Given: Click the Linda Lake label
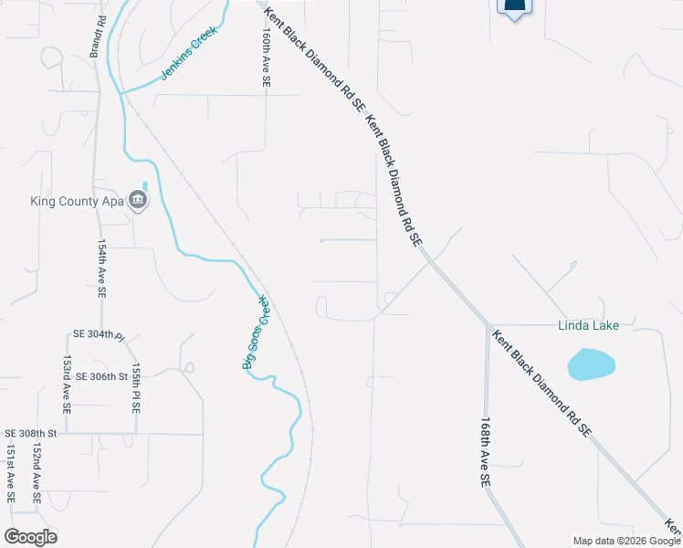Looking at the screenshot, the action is pyautogui.click(x=590, y=326).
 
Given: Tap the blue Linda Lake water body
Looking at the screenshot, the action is pyautogui.click(x=591, y=364).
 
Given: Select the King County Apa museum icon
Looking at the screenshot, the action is pyautogui.click(x=138, y=200).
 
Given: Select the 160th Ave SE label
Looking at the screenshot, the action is pyautogui.click(x=266, y=57).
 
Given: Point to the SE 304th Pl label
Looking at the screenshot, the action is pyautogui.click(x=99, y=335).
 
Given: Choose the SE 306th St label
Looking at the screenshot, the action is pyautogui.click(x=103, y=376).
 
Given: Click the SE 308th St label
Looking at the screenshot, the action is pyautogui.click(x=31, y=433).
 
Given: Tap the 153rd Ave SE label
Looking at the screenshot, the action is pyautogui.click(x=67, y=385).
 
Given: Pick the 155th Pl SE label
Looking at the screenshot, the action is pyautogui.click(x=135, y=388).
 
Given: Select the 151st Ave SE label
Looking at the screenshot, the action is pyautogui.click(x=12, y=475).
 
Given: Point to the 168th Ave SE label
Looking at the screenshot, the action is pyautogui.click(x=486, y=452).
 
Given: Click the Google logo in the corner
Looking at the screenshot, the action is pyautogui.click(x=30, y=536).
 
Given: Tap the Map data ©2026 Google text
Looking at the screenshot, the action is pyautogui.click(x=625, y=541).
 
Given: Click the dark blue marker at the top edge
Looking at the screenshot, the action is pyautogui.click(x=515, y=7).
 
